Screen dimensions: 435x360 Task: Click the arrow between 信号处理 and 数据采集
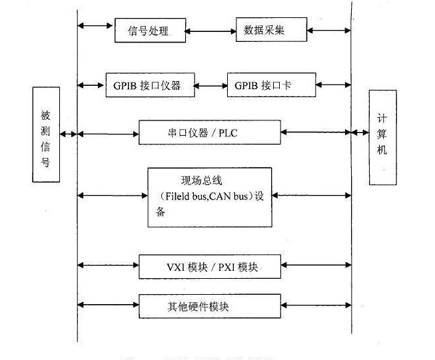[x=211, y=31]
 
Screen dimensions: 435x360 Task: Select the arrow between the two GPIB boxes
[x=211, y=86]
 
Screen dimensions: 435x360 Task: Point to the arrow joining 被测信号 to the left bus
[x=69, y=134]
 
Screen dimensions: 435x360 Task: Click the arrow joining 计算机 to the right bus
[x=360, y=132]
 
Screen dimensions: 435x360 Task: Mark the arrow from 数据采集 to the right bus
[x=329, y=30]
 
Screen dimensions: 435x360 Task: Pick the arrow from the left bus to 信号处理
[x=95, y=26]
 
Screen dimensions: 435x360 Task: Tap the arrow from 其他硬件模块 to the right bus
[x=316, y=305]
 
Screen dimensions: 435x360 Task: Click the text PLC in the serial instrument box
[x=228, y=133]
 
